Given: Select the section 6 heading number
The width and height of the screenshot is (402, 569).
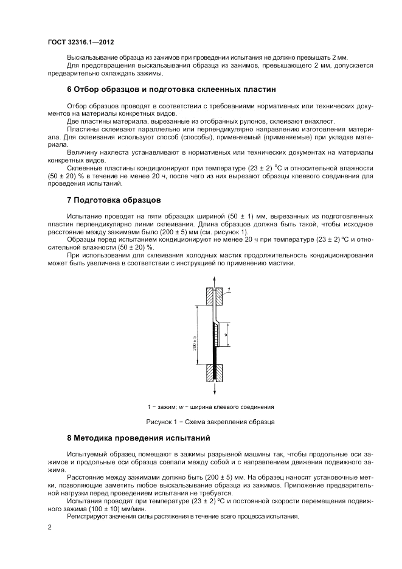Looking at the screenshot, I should coord(69,88).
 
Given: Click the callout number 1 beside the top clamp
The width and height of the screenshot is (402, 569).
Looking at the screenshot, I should coord(229,290).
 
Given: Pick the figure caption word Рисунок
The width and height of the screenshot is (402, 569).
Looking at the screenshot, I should coord(160,421).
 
